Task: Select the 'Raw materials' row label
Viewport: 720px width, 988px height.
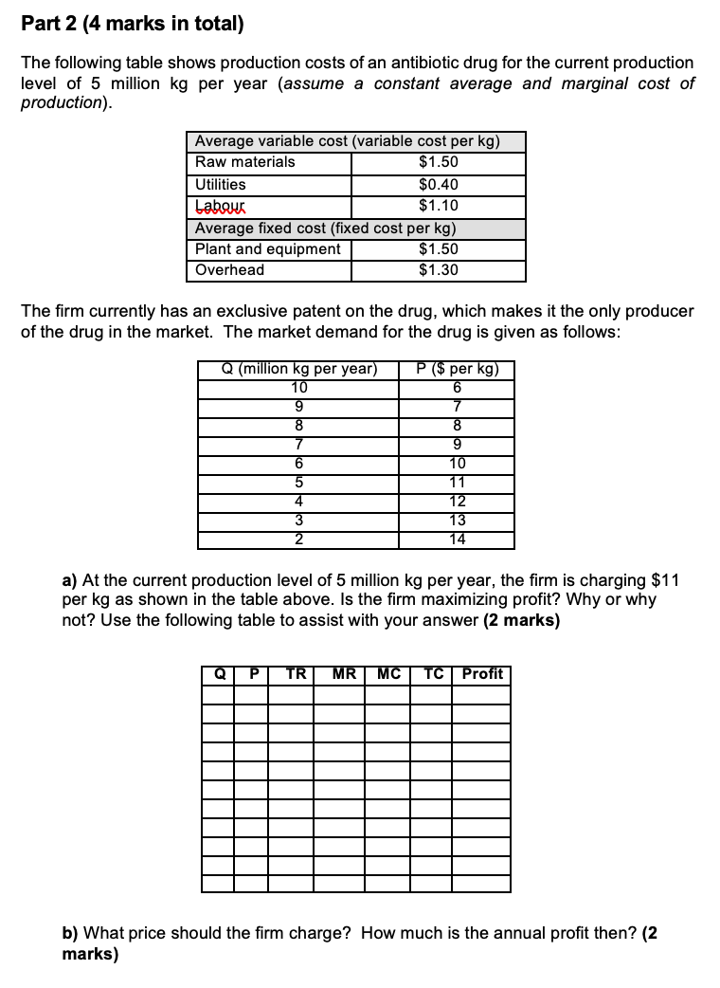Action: pos(244,162)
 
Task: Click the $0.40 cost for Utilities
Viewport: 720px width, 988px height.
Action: pos(438,184)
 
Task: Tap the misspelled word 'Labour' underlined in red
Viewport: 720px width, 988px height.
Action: pos(219,206)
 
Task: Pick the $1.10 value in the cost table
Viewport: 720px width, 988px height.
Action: pos(438,206)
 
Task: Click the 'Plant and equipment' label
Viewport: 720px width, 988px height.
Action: pos(267,249)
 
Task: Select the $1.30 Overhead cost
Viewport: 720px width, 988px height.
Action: pos(438,270)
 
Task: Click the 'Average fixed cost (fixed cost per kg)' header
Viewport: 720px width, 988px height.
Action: pos(325,228)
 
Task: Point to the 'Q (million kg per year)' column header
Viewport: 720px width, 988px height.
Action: pos(298,369)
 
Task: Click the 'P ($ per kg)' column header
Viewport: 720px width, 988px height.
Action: pos(457,369)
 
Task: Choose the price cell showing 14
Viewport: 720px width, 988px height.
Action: pos(457,540)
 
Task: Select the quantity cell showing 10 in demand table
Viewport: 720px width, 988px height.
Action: pos(298,387)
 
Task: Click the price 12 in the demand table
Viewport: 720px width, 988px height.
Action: pos(457,502)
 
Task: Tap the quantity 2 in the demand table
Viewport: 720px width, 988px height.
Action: pos(298,540)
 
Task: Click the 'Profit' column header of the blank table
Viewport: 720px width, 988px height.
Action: pos(481,674)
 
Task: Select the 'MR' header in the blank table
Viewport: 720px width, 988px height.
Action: pos(344,674)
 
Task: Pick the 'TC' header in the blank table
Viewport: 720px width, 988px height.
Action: pos(434,674)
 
